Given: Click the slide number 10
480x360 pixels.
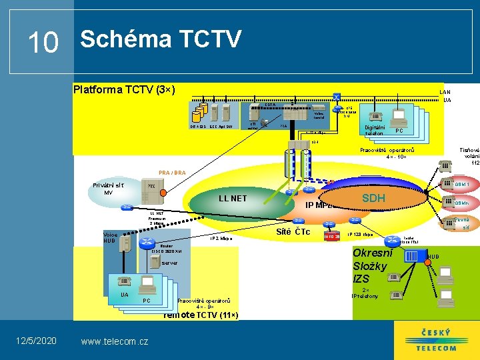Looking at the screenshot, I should click(x=43, y=43).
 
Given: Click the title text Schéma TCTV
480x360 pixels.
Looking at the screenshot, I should click(x=160, y=40).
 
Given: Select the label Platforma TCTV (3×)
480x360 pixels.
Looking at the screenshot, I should click(x=124, y=89).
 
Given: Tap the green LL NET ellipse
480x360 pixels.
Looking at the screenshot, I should click(x=233, y=199).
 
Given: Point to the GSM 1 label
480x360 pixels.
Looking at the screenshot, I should click(x=462, y=184).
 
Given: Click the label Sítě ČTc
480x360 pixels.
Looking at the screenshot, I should click(x=293, y=232).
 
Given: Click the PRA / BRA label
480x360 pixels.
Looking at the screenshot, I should click(x=172, y=173).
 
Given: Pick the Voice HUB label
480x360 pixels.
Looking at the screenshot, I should click(x=109, y=237).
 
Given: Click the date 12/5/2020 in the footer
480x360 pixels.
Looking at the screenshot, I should click(x=36, y=341).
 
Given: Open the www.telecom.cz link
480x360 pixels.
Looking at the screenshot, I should click(x=114, y=341).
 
